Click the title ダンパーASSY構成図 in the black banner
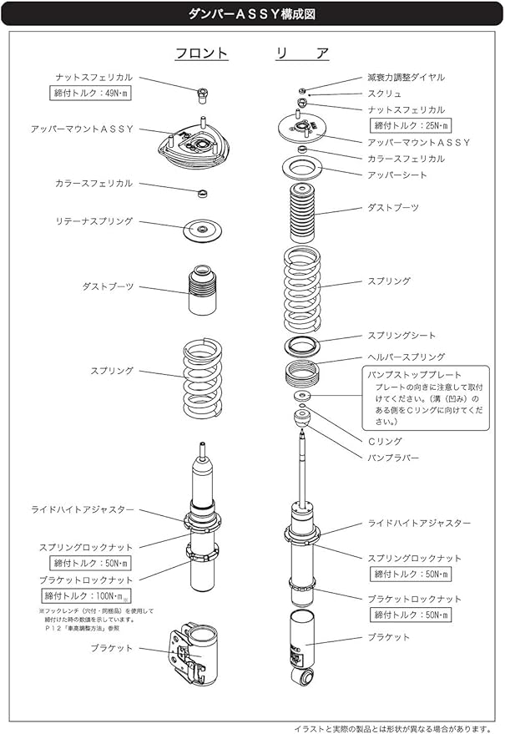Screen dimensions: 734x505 252,14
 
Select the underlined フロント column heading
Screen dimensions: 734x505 201,53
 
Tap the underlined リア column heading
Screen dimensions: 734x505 302,53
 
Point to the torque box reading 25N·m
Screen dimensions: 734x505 409,125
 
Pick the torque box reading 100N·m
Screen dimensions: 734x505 87,595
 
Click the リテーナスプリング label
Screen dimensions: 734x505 93,222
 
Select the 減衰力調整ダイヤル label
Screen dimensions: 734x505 406,77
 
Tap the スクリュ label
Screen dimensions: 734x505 384,94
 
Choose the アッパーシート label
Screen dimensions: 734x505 396,175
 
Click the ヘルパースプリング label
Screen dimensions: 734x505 407,357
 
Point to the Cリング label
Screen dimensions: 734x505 385,441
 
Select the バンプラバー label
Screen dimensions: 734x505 393,458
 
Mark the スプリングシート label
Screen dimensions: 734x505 401,336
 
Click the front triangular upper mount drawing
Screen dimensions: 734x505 193,145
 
